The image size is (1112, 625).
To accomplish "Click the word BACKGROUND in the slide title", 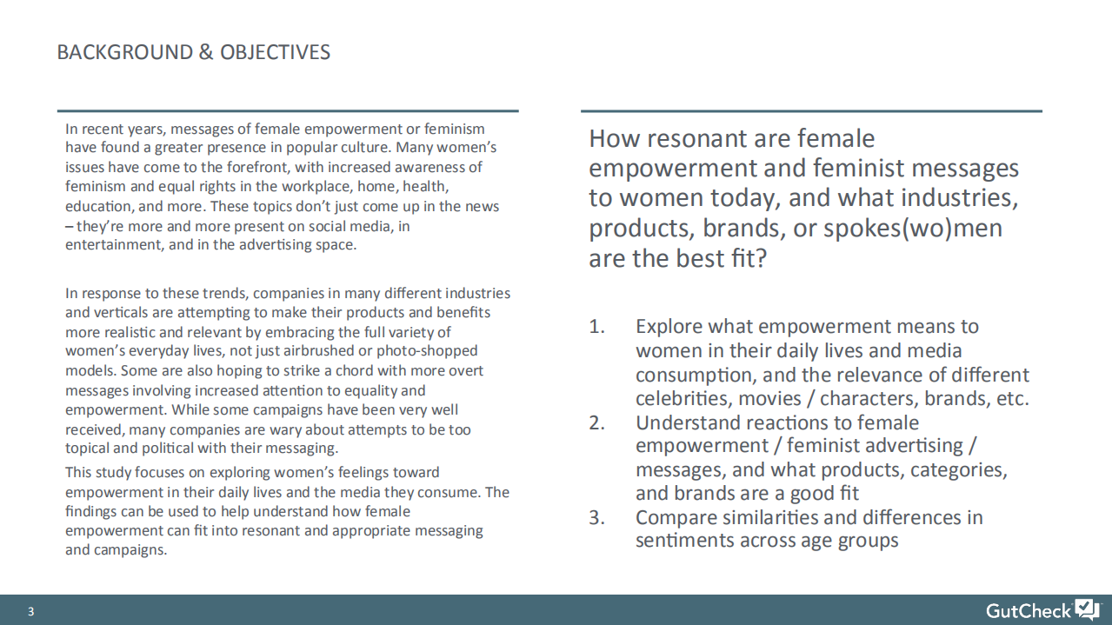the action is pyautogui.click(x=125, y=52).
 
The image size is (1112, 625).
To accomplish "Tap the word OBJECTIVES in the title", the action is pyautogui.click(x=275, y=52).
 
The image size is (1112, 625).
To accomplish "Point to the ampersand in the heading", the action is pyautogui.click(x=206, y=52).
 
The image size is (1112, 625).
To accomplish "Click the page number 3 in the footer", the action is pyautogui.click(x=30, y=611).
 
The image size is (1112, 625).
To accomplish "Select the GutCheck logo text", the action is pyautogui.click(x=1029, y=610).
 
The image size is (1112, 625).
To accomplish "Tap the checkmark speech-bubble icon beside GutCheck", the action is pyautogui.click(x=1087, y=608).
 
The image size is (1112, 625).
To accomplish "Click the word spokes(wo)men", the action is pyautogui.click(x=912, y=229).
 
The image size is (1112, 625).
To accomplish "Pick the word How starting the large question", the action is pyautogui.click(x=614, y=138).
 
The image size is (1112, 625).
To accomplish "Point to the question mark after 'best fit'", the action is pyautogui.click(x=761, y=258).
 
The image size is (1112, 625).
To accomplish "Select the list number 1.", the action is pyautogui.click(x=596, y=327).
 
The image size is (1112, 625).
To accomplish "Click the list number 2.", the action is pyautogui.click(x=596, y=423).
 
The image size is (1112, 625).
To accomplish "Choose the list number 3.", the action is pyautogui.click(x=596, y=518).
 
